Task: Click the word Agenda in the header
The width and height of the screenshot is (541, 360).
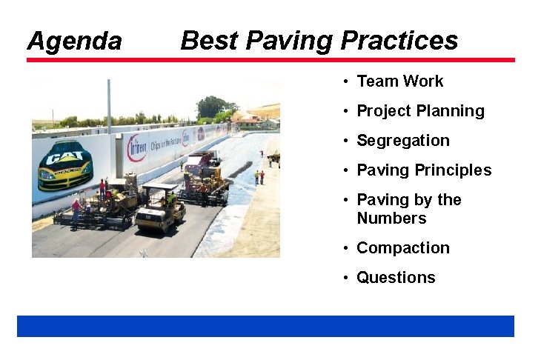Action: [x=74, y=41]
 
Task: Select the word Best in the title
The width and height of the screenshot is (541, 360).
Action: [x=208, y=40]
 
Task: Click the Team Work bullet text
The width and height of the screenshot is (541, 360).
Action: [x=399, y=81]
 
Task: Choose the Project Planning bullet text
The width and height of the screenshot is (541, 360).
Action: [x=420, y=111]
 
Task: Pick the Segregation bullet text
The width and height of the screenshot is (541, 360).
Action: [x=403, y=141]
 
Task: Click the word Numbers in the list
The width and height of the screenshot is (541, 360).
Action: [x=391, y=219]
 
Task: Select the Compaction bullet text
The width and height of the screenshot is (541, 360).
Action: [x=403, y=248]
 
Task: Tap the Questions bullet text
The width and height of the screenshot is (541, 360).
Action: [x=396, y=278]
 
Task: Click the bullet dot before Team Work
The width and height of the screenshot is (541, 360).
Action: [x=346, y=81]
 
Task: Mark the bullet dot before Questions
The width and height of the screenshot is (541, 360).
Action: [x=346, y=279]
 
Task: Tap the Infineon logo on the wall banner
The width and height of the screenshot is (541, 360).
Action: [x=136, y=148]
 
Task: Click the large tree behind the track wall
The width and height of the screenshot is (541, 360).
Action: [x=211, y=107]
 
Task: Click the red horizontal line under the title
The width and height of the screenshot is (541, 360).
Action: [x=270, y=60]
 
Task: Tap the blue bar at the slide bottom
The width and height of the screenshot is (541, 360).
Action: [x=265, y=326]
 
